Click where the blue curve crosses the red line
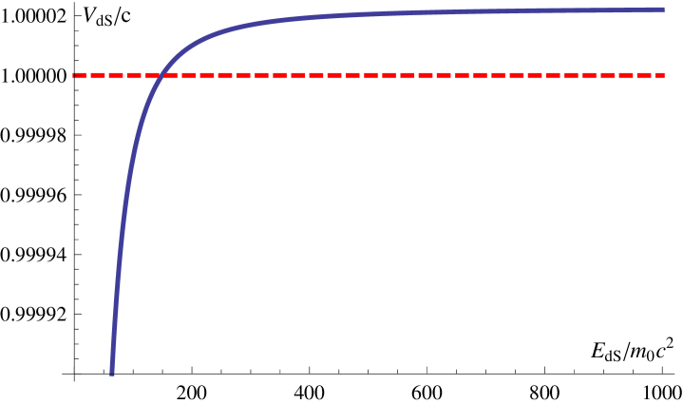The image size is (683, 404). pyautogui.click(x=159, y=75)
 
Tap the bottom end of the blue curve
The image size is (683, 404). pyautogui.click(x=112, y=374)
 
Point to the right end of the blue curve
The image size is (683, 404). pyautogui.click(x=663, y=10)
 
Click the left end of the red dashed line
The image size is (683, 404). pyautogui.click(x=73, y=75)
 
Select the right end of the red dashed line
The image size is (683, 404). pyautogui.click(x=664, y=75)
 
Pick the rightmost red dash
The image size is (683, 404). pyautogui.click(x=659, y=75)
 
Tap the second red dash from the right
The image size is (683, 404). pyautogui.click(x=644, y=75)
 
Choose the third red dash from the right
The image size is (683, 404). pyautogui.click(x=626, y=75)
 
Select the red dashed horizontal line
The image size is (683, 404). pyautogui.click(x=380, y=75)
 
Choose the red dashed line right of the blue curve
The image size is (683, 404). pyautogui.click(x=427, y=75)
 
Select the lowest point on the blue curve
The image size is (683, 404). pyautogui.click(x=112, y=374)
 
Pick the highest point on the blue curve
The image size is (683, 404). pyautogui.click(x=662, y=10)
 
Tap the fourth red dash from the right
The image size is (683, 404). pyautogui.click(x=608, y=75)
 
